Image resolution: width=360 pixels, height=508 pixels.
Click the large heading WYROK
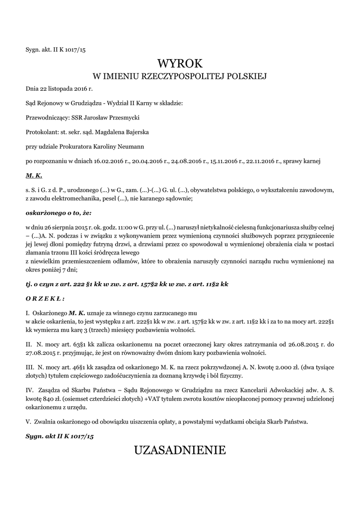[180, 63]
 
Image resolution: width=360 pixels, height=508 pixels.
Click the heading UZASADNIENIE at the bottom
[180, 450]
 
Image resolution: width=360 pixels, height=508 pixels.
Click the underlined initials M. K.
[34, 176]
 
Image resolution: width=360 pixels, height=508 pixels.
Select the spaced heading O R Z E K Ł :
[45, 299]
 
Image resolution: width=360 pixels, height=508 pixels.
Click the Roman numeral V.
[28, 422]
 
